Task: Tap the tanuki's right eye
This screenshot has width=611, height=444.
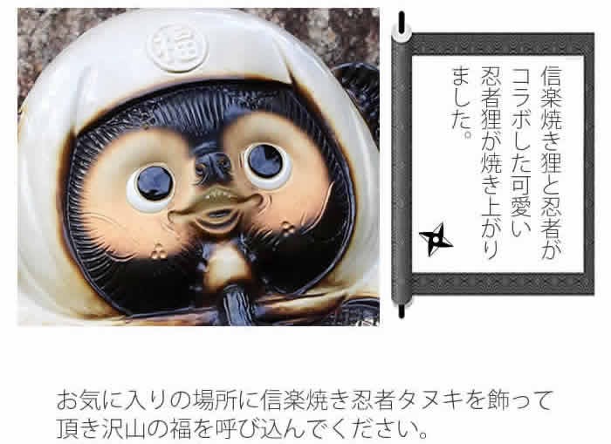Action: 264,161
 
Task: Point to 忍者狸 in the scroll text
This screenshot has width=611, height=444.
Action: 491,92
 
